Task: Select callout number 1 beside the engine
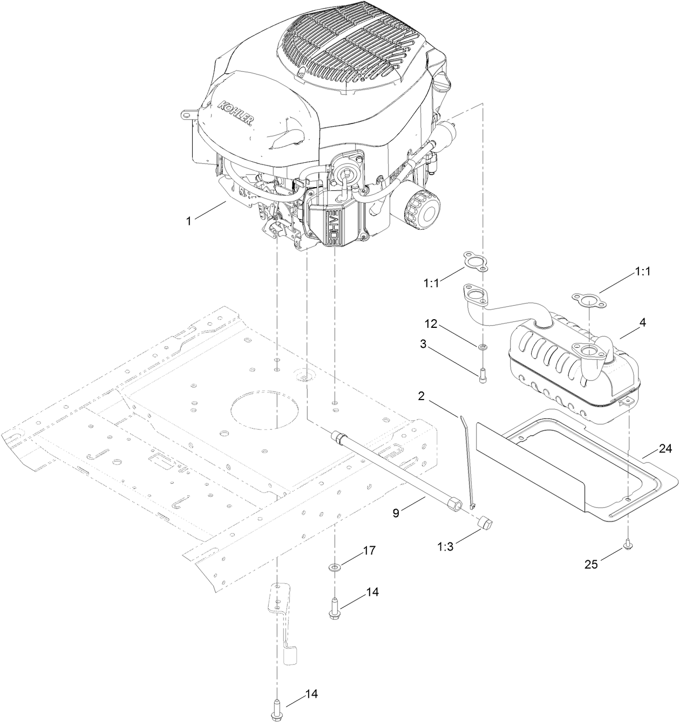[x=188, y=221]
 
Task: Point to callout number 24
[x=666, y=449]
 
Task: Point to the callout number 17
[x=369, y=551]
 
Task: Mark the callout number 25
[x=592, y=565]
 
